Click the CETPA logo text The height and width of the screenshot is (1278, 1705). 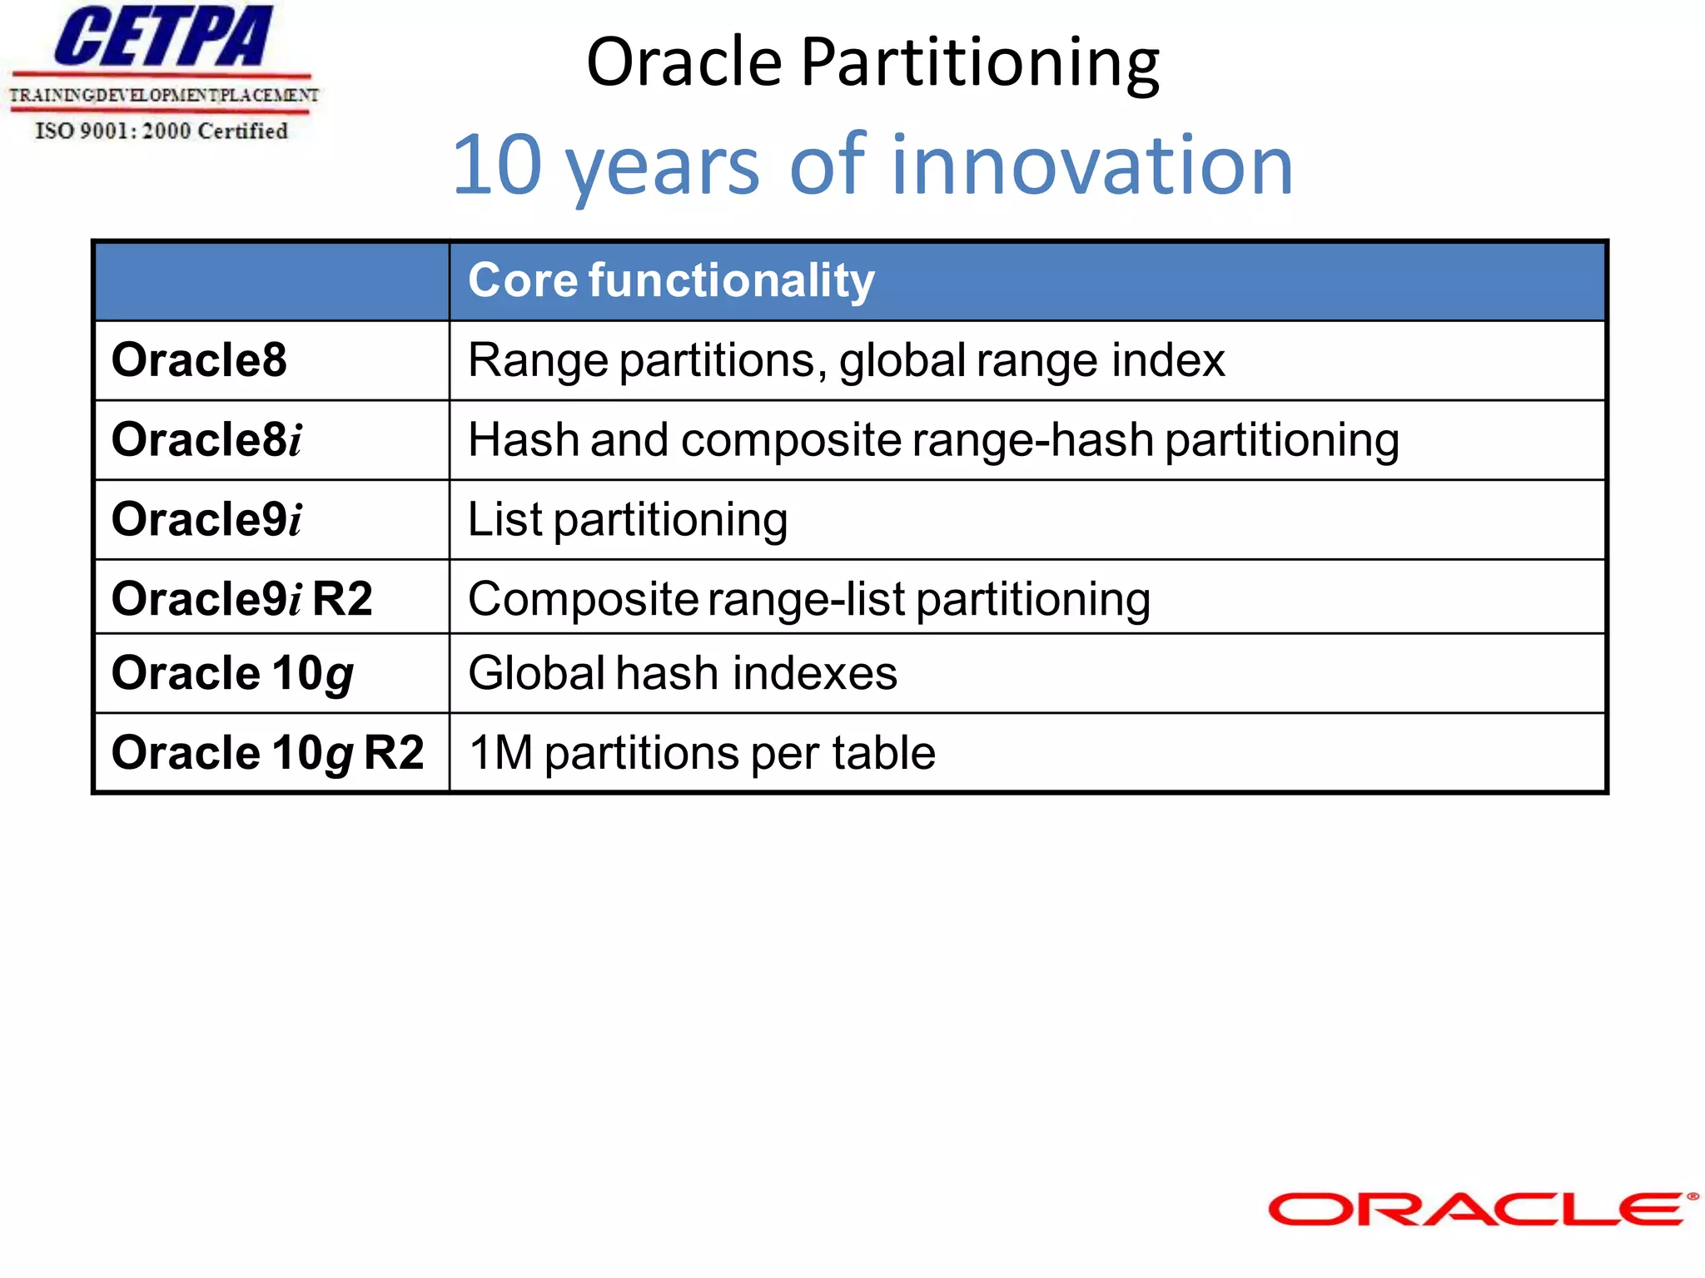click(163, 37)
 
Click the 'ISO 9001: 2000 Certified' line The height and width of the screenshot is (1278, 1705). click(162, 131)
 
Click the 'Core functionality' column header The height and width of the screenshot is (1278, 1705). click(671, 280)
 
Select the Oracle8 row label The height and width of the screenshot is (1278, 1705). click(199, 360)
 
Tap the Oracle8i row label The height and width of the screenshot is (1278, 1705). click(206, 439)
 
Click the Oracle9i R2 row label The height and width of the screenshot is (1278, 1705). click(241, 598)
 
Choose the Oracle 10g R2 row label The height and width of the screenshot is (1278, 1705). click(267, 753)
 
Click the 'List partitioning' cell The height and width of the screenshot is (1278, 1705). click(628, 519)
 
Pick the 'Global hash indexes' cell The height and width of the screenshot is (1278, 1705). click(683, 673)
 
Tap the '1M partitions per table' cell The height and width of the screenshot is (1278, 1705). click(702, 753)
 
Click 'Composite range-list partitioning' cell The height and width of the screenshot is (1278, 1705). click(809, 598)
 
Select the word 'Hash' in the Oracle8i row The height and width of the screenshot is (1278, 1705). click(523, 439)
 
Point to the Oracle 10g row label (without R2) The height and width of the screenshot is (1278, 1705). click(232, 673)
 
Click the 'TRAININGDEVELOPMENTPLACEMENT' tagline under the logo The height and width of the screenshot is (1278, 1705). click(163, 95)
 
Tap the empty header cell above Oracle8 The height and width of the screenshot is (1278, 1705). click(271, 281)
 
